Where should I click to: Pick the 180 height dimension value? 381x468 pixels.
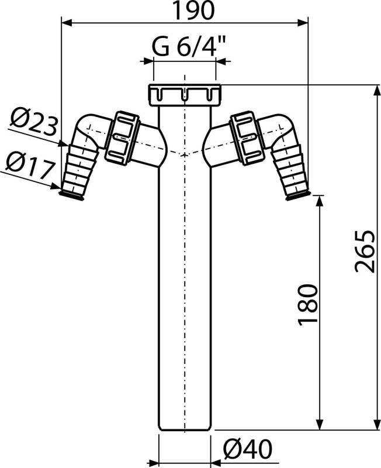pos(309,304)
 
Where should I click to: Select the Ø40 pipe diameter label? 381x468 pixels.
pos(248,449)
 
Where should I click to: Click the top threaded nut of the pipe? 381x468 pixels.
pos(184,94)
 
